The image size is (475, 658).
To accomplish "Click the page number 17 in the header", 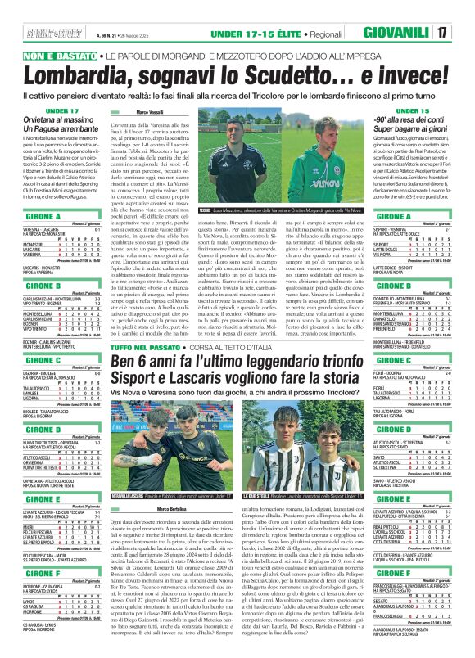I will click(441, 33).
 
